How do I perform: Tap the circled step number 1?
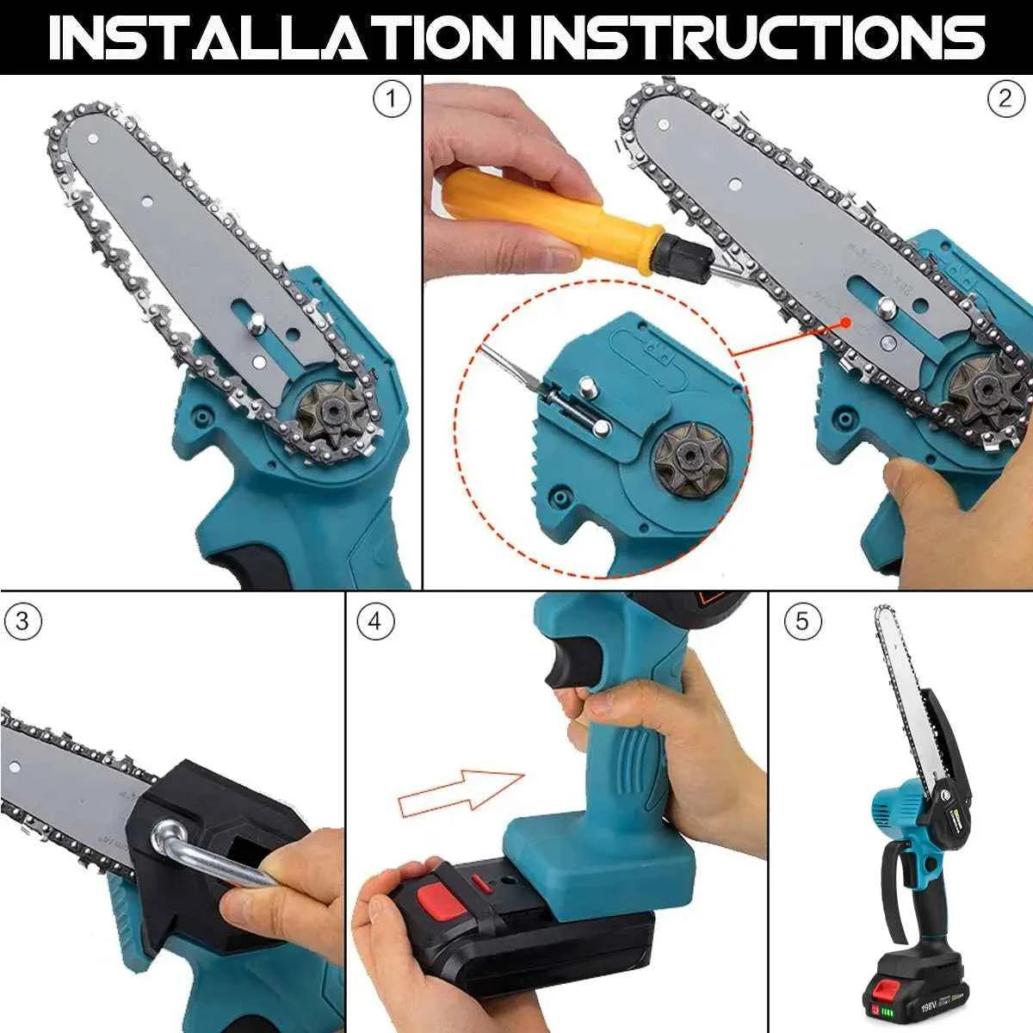click(x=391, y=101)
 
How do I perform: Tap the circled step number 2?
click(x=1005, y=101)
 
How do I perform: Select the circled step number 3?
click(x=22, y=622)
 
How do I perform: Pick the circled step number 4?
click(x=374, y=622)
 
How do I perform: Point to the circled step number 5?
click(x=802, y=622)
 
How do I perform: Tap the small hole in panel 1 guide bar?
click(x=146, y=203)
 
